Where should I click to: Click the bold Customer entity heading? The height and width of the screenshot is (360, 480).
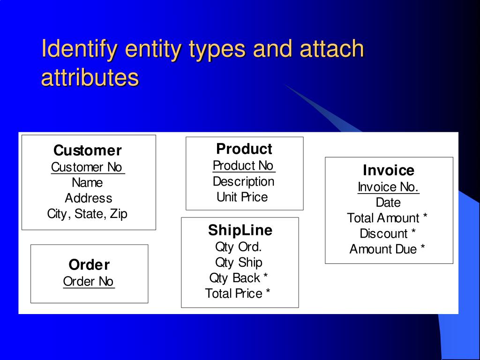(87, 150)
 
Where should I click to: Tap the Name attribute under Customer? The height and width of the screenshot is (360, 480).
(87, 183)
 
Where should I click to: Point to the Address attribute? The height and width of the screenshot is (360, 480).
(88, 198)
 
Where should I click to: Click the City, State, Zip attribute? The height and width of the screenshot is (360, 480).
(87, 214)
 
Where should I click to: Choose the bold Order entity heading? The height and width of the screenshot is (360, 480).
(89, 265)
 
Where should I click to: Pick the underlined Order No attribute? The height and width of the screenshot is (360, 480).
(89, 281)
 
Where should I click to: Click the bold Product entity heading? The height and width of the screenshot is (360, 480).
(244, 149)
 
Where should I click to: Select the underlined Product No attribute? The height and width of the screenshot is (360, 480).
(243, 165)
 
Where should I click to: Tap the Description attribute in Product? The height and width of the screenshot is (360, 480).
(243, 181)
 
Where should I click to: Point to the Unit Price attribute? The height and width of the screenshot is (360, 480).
(242, 197)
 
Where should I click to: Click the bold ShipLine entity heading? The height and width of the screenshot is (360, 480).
(240, 230)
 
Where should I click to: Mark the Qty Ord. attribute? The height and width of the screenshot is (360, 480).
(238, 247)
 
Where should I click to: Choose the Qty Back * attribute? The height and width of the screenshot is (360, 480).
(239, 278)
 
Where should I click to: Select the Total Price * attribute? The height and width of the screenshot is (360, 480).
(238, 293)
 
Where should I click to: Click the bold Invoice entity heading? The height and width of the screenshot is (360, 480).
(389, 170)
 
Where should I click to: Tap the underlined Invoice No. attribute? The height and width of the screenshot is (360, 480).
(388, 187)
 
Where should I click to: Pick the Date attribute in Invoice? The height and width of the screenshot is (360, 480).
(388, 202)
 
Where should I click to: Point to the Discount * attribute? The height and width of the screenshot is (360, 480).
(388, 233)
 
